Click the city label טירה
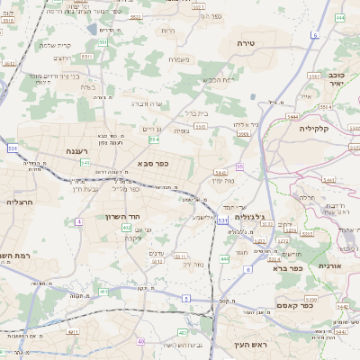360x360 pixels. [x=247, y=43]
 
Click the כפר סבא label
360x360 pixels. [x=152, y=163]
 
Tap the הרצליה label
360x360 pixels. [x=20, y=202]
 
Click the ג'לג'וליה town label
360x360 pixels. [x=249, y=217]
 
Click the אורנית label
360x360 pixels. [x=330, y=265]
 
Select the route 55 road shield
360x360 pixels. [x=239, y=166]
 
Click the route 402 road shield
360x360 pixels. [x=127, y=229]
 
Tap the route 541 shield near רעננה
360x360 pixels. [x=85, y=163]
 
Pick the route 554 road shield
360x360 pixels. [x=155, y=140]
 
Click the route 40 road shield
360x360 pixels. [x=140, y=342]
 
